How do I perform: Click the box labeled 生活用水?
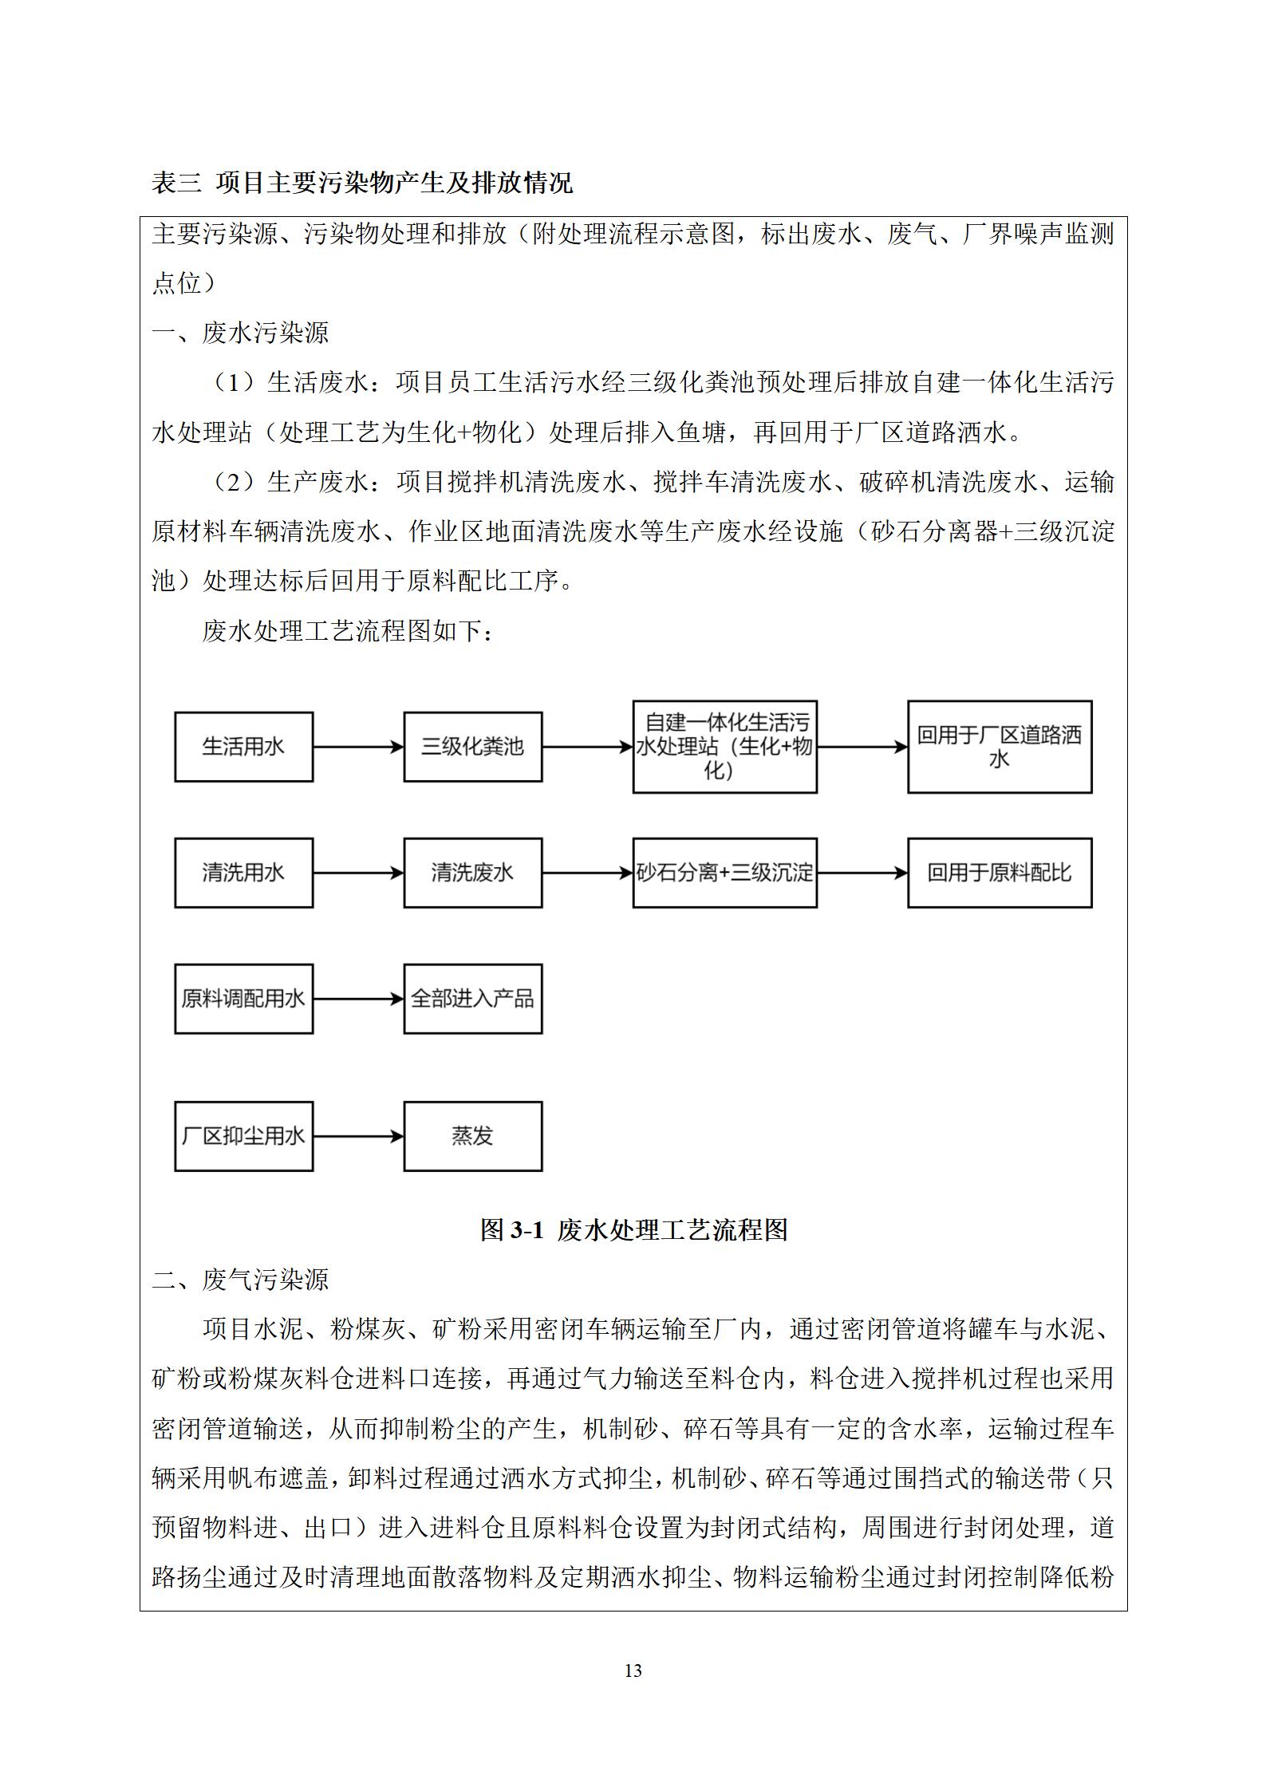[243, 747]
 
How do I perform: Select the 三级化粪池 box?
[472, 747]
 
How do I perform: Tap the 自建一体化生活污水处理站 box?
[724, 747]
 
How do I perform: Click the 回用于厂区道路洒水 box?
[999, 747]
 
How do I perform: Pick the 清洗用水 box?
[243, 873]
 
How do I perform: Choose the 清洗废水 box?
[472, 873]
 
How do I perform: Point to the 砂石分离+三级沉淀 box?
[724, 873]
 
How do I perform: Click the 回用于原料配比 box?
[999, 873]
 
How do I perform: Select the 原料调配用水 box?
[243, 999]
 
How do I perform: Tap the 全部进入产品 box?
[472, 999]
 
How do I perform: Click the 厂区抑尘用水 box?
[243, 1136]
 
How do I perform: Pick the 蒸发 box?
[472, 1136]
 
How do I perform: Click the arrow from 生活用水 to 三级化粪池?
[358, 747]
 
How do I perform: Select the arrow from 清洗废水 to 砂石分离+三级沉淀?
[587, 873]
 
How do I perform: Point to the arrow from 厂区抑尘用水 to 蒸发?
[358, 1136]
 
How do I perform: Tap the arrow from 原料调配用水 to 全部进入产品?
[358, 999]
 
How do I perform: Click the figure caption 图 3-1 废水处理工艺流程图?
[633, 1229]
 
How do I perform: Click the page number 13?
[633, 1671]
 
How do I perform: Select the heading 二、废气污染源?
[240, 1280]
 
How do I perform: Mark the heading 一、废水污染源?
[240, 333]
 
